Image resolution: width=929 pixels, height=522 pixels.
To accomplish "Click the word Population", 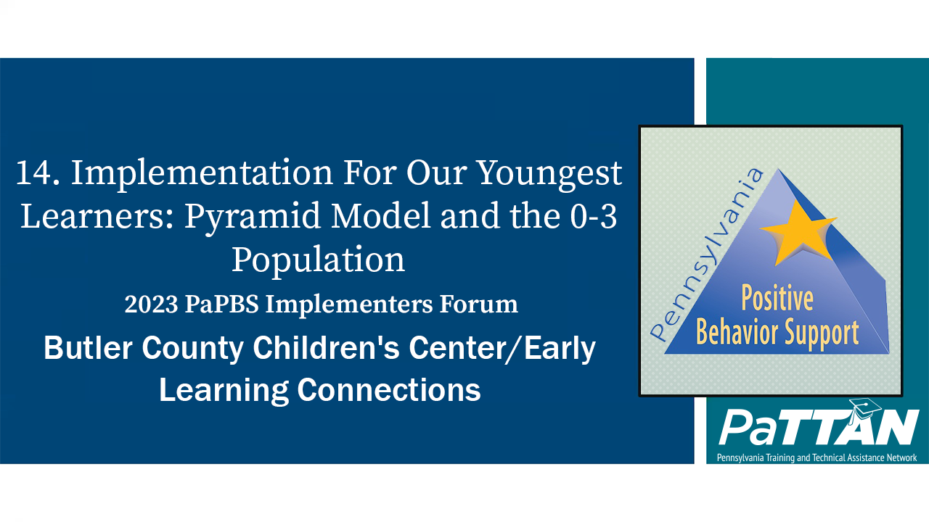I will pyautogui.click(x=318, y=260).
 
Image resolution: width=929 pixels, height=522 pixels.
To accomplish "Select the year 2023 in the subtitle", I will pyautogui.click(x=150, y=304).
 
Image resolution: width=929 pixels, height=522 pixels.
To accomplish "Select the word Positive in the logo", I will pyautogui.click(x=777, y=299).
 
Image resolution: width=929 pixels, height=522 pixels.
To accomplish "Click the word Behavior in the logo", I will pyautogui.click(x=737, y=332).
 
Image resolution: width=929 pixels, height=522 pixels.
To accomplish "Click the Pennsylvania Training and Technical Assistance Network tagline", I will pyautogui.click(x=817, y=457).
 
